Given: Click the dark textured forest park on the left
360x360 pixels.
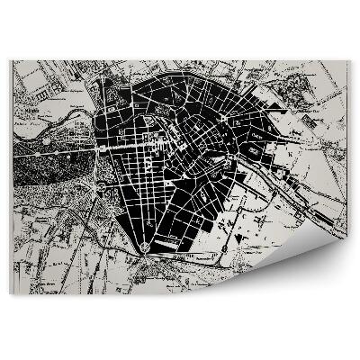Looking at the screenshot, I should (54, 175).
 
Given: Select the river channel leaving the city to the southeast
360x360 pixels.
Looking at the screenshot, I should (270, 171).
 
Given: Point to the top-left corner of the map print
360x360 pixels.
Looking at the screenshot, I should (11, 61).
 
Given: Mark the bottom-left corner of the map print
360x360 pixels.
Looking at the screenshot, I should (11, 294).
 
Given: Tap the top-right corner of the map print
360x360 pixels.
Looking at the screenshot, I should (349, 61).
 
